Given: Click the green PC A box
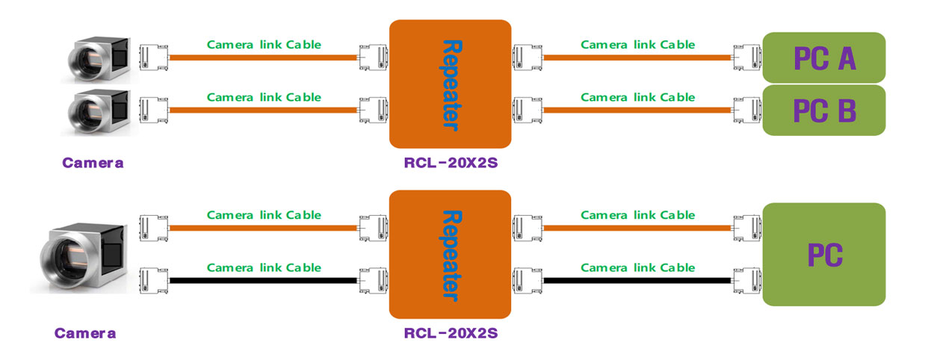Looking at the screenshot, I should coord(823,58).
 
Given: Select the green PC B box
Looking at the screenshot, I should coord(823,111).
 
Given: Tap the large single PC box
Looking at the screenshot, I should coord(823,254).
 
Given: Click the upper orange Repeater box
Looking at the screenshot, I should coord(450,84).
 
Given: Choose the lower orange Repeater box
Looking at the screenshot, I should coord(450,254).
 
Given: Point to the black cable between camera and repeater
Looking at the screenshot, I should coord(263,280).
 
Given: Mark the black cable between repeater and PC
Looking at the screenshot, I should coord(637,280).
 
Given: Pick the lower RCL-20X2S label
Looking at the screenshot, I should coord(450,333).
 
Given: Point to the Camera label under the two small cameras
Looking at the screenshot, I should coord(93,163).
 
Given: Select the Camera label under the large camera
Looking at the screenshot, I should coord(85,333).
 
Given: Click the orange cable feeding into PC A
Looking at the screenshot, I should coord(637,57).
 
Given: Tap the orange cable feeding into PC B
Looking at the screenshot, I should coord(637,110).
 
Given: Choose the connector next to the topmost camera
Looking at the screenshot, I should coord(152,57).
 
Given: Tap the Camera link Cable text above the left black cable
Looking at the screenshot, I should coord(264,267).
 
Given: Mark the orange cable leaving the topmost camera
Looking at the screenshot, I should coord(263,57).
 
